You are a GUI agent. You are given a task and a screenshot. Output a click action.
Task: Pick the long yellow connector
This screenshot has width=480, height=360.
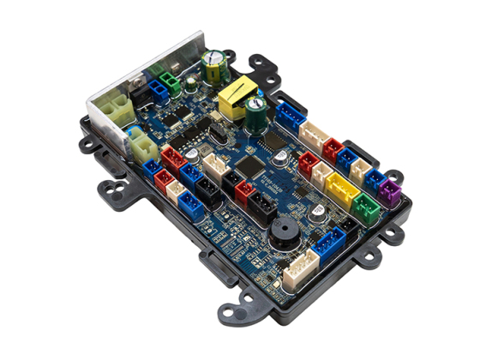342,189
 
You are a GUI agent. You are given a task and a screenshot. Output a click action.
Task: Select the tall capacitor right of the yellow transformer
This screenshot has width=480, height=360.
255,112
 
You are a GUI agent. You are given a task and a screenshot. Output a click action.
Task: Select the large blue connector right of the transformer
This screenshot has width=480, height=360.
290,115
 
